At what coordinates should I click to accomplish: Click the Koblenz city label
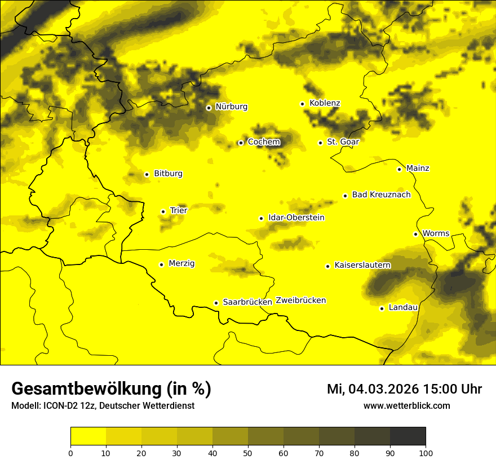click(325, 103)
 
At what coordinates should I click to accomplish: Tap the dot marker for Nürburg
click(209, 108)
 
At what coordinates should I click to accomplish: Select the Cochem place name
click(263, 142)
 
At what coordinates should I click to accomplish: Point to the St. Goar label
click(343, 142)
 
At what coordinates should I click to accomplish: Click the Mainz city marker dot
click(399, 169)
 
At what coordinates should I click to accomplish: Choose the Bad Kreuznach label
click(381, 195)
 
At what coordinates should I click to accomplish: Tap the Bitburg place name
click(168, 174)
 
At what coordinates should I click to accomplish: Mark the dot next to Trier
click(163, 211)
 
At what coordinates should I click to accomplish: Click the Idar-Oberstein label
click(296, 218)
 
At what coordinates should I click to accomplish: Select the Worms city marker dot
click(415, 234)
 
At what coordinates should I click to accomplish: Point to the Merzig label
click(181, 263)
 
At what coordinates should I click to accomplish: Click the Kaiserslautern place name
click(362, 265)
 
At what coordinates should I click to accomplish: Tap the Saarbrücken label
click(247, 302)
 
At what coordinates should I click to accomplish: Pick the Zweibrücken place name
click(300, 301)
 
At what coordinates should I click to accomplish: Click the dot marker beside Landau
click(382, 308)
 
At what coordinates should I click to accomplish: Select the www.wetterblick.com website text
click(407, 405)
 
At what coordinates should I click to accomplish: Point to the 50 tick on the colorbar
click(248, 452)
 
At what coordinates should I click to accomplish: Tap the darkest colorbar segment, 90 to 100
click(408, 436)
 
